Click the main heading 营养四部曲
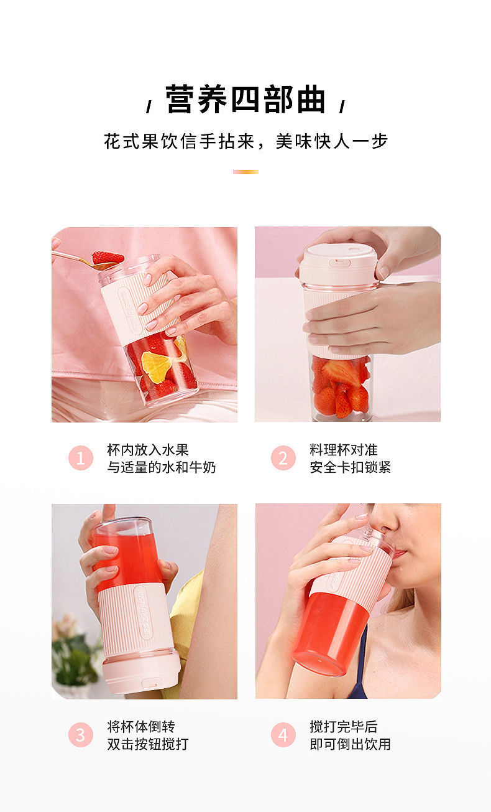point(245,100)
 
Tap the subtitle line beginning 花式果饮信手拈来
point(245,142)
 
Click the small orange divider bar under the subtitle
point(245,172)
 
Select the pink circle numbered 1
point(81,459)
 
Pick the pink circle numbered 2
point(283,459)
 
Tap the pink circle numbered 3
point(81,735)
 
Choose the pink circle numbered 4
point(283,735)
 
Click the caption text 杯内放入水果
point(148,450)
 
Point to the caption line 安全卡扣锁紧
point(351,467)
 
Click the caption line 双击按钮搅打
point(148,744)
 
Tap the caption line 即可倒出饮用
point(351,744)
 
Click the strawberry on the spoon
point(108,258)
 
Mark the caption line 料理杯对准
point(344,450)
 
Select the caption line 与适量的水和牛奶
point(162,467)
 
